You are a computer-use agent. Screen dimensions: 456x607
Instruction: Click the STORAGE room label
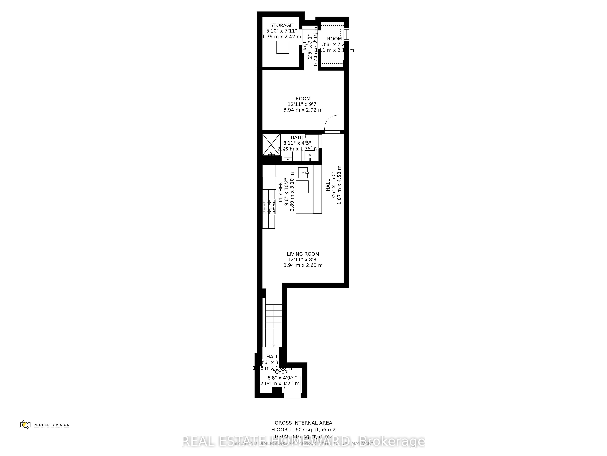point(281,25)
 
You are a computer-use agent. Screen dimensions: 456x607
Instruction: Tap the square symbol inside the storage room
point(283,47)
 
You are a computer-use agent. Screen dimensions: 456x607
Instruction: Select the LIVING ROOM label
point(303,254)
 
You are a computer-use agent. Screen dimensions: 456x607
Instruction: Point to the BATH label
point(297,137)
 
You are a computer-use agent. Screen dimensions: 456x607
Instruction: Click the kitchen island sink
point(303,173)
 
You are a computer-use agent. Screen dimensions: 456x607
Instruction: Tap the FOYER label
point(280,372)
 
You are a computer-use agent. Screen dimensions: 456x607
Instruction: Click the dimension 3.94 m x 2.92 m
point(303,110)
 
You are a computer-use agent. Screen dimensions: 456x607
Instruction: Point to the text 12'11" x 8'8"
point(303,259)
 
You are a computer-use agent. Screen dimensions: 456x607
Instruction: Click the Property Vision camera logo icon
point(25,425)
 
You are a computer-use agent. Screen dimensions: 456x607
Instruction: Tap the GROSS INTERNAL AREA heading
point(303,423)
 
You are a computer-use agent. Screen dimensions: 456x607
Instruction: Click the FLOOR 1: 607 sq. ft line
point(303,430)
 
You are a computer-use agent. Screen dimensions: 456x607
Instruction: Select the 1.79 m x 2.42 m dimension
point(281,37)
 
